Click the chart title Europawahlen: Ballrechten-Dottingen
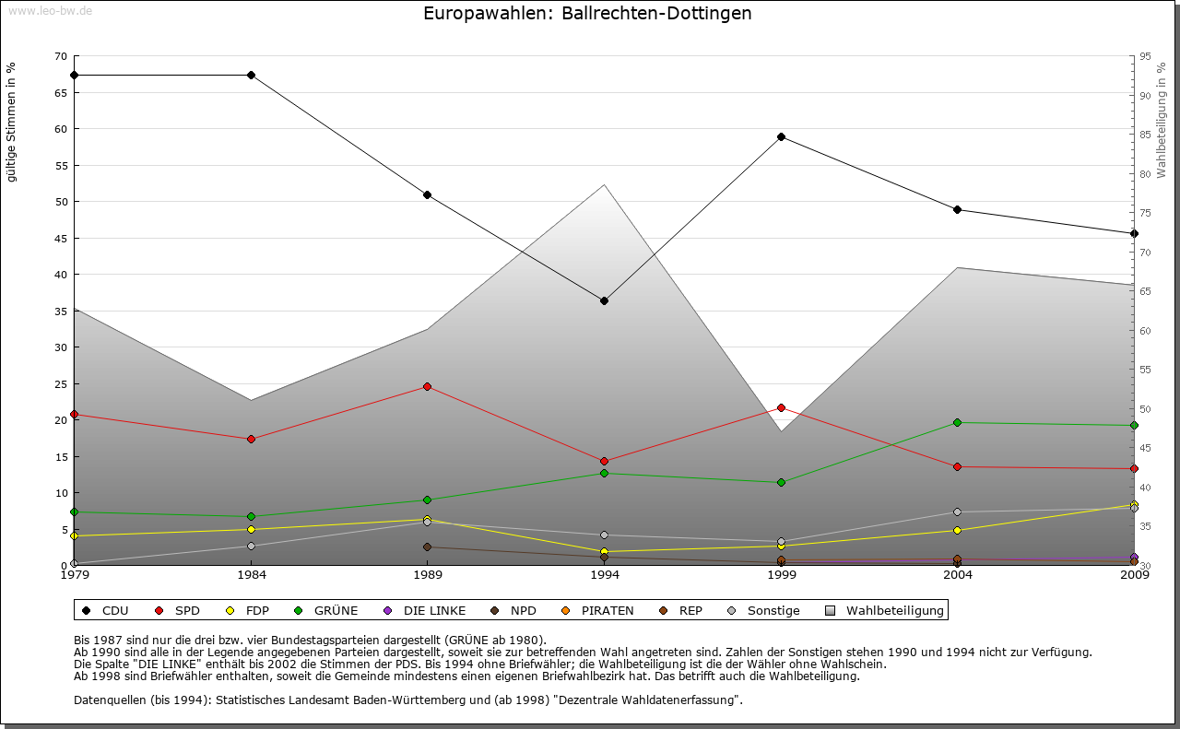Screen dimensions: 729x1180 [587, 14]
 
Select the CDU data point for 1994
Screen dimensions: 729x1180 [604, 300]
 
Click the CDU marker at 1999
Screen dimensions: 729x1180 [781, 136]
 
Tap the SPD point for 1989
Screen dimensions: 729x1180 [427, 386]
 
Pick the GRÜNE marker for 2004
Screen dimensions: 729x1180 [957, 422]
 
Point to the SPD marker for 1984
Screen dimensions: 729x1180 [251, 439]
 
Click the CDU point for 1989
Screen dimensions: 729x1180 [427, 194]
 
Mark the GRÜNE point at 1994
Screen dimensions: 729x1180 [604, 473]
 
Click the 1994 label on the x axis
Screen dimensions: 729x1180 [604, 575]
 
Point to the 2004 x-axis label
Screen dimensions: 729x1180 [957, 575]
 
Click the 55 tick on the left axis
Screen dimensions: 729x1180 [61, 166]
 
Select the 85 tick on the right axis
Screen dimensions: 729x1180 [1144, 135]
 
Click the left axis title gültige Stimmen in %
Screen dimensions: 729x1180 [12, 122]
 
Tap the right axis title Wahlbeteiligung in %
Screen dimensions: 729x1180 [1162, 121]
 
